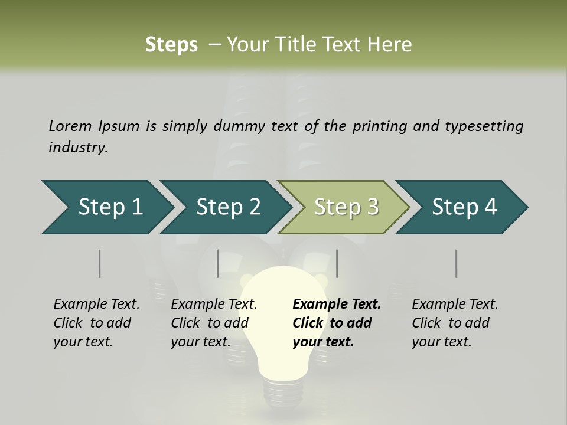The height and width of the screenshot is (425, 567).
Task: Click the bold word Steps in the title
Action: coord(171,44)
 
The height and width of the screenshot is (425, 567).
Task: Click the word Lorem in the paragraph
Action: coord(70,126)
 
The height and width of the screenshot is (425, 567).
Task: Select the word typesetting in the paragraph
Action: coord(484,126)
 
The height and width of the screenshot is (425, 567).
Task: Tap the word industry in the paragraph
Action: coord(78,148)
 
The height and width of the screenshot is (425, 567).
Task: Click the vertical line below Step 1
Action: coord(99,263)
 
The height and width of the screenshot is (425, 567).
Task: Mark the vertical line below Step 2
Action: coord(218,263)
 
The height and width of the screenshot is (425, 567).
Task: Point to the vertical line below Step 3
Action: coord(337,263)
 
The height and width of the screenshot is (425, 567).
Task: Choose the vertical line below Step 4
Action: coord(456,263)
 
